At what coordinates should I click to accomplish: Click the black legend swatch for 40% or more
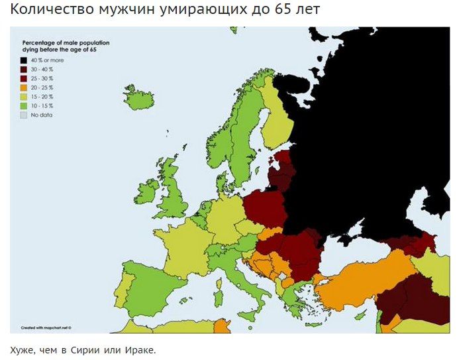(23, 60)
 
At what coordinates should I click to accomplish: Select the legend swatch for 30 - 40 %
(23, 70)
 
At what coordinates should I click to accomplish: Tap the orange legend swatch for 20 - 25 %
(23, 88)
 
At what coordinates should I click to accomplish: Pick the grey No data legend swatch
(23, 115)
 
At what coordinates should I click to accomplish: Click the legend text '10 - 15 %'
(42, 106)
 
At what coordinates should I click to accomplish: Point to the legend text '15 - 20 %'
(42, 97)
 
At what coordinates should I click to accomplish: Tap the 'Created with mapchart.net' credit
(46, 328)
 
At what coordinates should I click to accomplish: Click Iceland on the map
(139, 100)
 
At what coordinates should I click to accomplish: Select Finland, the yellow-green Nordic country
(277, 119)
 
